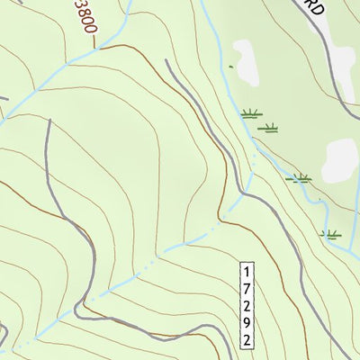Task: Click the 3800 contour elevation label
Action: [x=85, y=17]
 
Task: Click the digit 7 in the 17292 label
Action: [x=247, y=287]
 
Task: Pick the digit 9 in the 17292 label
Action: [x=247, y=322]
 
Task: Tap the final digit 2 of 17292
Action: [x=247, y=339]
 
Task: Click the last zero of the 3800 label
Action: [x=89, y=28]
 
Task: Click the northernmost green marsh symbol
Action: [x=249, y=113]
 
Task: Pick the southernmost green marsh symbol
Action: [x=331, y=234]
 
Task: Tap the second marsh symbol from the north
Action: [x=267, y=128]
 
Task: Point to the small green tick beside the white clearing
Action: [x=230, y=67]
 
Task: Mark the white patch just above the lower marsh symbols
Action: [x=340, y=160]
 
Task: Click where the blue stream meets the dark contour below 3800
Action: [x=98, y=47]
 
